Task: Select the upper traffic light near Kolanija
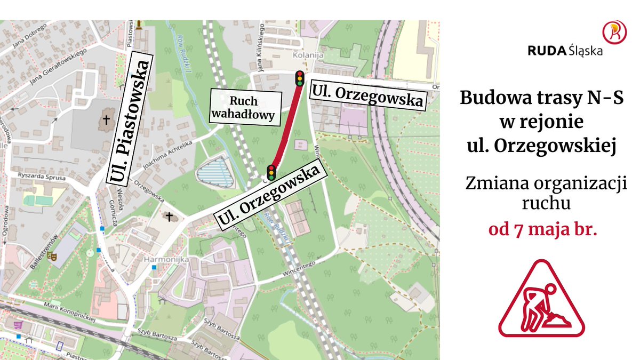tap(300, 78)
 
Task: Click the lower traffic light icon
tap(271, 173)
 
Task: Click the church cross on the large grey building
tap(106, 121)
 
